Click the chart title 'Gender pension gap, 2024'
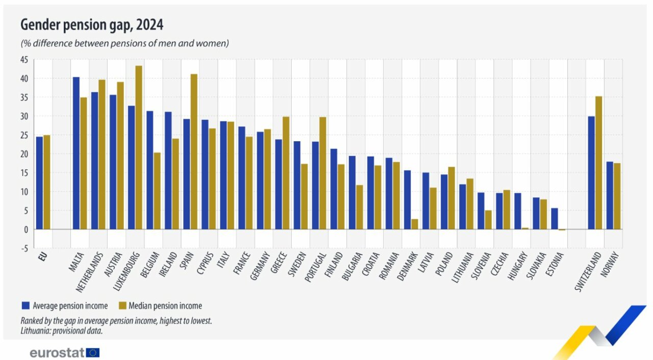click(x=91, y=24)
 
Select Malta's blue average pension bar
click(x=76, y=153)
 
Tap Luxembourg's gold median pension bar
click(x=138, y=147)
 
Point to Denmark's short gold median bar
click(x=414, y=224)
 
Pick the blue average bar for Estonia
click(x=554, y=219)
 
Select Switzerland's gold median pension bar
click(x=598, y=163)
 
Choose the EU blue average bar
click(x=39, y=183)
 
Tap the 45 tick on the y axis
click(x=24, y=60)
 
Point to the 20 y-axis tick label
click(x=24, y=154)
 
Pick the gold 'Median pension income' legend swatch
click(x=122, y=306)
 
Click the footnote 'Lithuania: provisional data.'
click(x=62, y=330)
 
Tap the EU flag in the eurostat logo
click(x=93, y=352)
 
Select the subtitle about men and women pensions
click(x=124, y=43)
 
